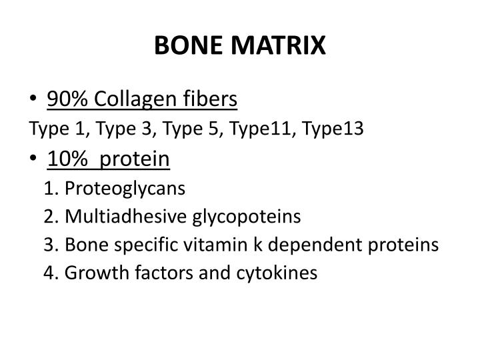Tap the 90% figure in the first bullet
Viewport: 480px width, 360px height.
click(x=64, y=100)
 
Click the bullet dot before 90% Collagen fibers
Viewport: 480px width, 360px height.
click(x=34, y=101)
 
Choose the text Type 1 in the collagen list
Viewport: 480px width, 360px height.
click(x=51, y=129)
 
